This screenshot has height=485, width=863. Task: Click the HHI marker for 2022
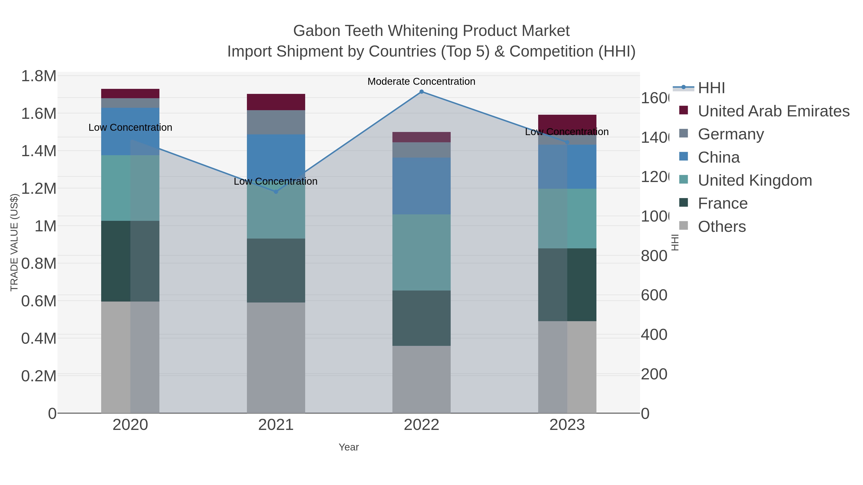[421, 92]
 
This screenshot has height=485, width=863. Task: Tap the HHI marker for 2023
[567, 143]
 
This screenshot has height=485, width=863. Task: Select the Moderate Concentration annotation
[421, 81]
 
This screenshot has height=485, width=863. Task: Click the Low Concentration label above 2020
[130, 127]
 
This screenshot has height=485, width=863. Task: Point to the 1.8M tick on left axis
[39, 76]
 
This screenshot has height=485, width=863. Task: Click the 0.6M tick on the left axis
[39, 301]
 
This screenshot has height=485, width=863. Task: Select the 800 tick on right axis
[654, 256]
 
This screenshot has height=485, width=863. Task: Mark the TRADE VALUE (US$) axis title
[14, 242]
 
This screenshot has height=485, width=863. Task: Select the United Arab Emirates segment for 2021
[276, 102]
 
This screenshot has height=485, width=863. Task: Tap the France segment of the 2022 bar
[421, 318]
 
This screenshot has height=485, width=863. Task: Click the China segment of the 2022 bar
[421, 186]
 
